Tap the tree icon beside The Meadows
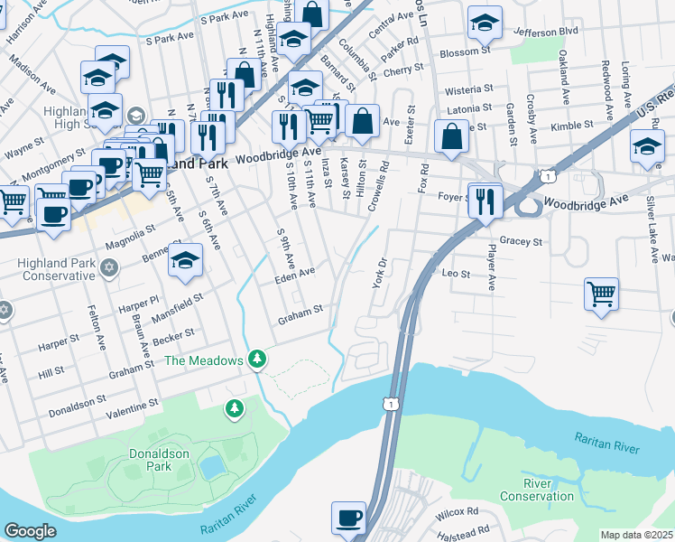pos(258,360)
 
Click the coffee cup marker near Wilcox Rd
pos(348,519)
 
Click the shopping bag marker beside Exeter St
pos(451,136)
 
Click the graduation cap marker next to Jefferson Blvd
pos(485,23)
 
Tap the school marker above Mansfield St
pos(186,260)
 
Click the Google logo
pos(30,531)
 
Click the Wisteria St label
pos(470,90)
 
